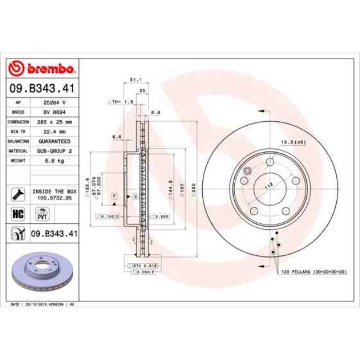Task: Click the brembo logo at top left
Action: coord(43,69)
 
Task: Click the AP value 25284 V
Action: coord(54,102)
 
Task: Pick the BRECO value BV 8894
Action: coord(54,111)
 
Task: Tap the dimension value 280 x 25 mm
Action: coord(54,121)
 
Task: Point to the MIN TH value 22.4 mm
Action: coord(54,131)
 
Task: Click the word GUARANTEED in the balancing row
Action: coord(54,141)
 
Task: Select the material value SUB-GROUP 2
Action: coord(54,150)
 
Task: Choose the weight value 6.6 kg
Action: coord(54,160)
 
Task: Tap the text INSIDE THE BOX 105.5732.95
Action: coord(54,193)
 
